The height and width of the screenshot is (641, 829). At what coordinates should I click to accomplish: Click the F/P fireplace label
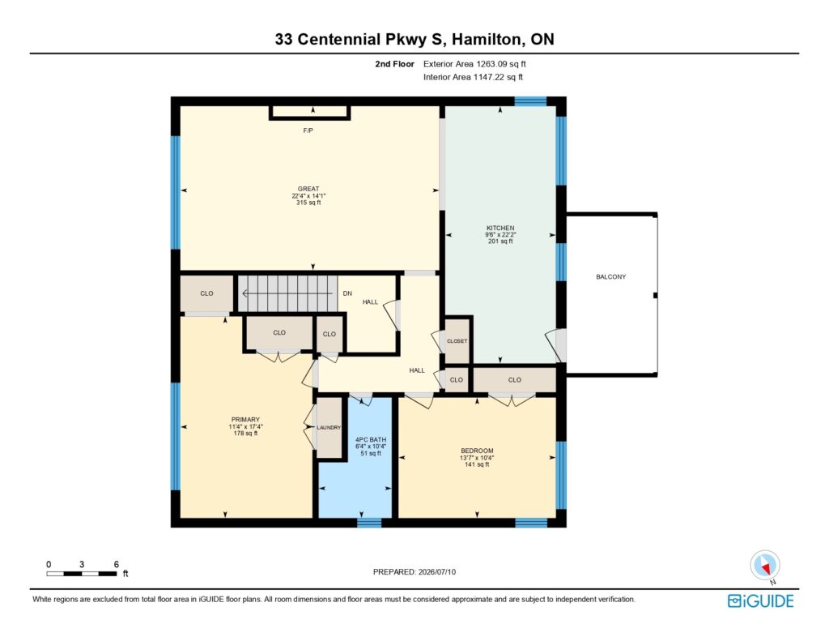point(308,130)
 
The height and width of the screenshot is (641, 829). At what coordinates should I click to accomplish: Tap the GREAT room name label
point(308,189)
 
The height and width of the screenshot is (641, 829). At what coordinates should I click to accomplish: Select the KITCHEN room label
point(500,229)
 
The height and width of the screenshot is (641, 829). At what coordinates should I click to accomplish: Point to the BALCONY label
point(610,277)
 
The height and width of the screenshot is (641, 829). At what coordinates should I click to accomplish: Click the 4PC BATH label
point(371,439)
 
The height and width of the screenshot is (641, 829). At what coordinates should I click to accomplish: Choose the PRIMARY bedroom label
point(245,420)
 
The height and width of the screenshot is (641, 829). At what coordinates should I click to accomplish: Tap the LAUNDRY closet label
point(329,428)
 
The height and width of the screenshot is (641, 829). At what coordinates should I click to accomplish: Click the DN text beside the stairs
point(347,293)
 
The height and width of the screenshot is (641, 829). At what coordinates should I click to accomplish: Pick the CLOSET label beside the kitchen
point(457,341)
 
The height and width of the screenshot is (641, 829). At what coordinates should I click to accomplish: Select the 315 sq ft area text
point(308,203)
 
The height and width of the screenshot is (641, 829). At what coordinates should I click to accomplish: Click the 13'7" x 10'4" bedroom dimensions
point(477,458)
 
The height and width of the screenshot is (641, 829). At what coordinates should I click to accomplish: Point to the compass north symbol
point(765,566)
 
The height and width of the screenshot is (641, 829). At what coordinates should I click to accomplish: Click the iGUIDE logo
point(761,600)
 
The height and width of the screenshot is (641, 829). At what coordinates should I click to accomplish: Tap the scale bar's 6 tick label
point(117,564)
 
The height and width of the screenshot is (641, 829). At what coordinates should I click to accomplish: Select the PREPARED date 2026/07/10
point(436,571)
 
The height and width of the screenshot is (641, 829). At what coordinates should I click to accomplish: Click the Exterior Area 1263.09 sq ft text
point(474,64)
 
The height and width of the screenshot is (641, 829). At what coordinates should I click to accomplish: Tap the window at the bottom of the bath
point(369,523)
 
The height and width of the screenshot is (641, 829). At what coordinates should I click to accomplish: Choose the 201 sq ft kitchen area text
point(500,241)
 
